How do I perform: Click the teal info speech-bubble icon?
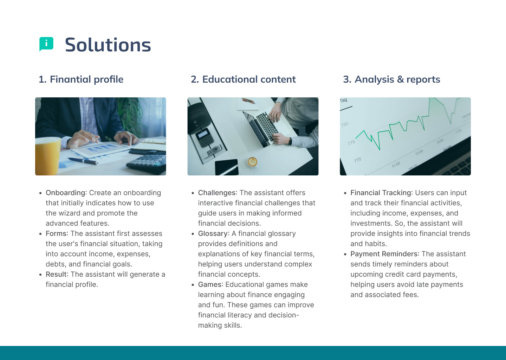click(x=46, y=44)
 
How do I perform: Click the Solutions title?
click(x=108, y=45)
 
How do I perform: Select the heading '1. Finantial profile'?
click(x=81, y=79)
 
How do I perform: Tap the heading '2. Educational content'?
click(x=243, y=79)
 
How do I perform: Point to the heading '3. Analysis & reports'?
click(x=391, y=79)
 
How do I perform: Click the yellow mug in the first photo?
click(x=47, y=156)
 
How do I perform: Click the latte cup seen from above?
click(x=252, y=162)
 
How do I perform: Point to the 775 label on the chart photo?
click(x=351, y=143)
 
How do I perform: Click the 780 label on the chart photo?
click(x=345, y=124)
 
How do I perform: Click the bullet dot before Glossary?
click(x=193, y=234)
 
